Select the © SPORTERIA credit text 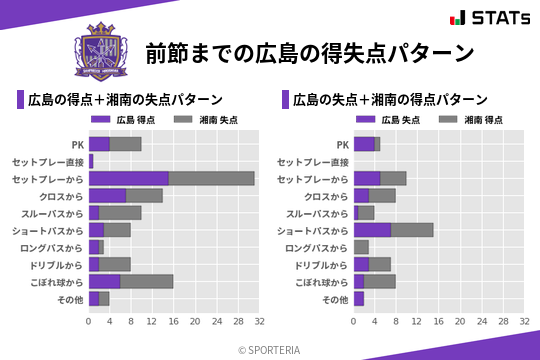270,349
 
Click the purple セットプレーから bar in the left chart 128,178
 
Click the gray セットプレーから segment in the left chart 211,178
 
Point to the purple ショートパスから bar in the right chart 372,230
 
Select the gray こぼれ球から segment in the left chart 147,281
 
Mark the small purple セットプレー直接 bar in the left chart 91,161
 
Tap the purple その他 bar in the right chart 359,298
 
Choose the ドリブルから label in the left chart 57,264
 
